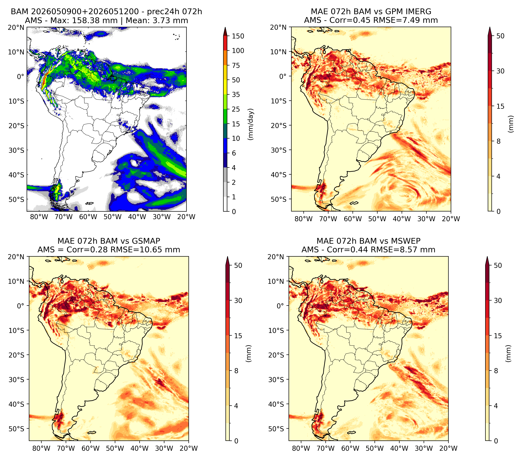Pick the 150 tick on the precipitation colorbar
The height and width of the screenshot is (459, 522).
[238, 36]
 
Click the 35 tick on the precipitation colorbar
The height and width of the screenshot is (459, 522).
[236, 94]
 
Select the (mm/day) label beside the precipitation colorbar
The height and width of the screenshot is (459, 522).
[251, 124]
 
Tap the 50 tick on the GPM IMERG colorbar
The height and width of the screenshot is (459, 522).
[500, 36]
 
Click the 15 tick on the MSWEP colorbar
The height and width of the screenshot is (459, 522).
[498, 336]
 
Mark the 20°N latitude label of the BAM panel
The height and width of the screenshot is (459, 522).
[16, 27]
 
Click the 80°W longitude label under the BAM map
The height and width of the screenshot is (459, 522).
[39, 217]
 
